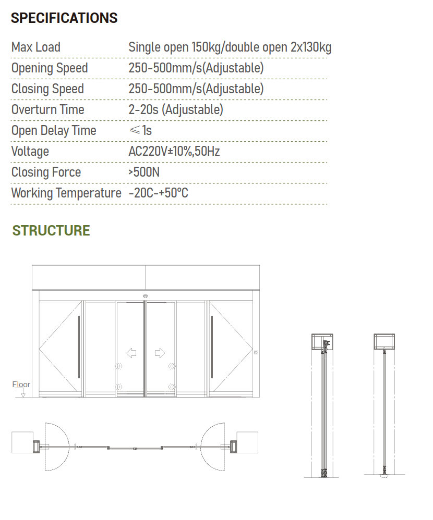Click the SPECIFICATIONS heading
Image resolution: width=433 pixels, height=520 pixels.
click(64, 18)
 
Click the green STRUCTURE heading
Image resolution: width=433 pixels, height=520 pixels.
click(51, 230)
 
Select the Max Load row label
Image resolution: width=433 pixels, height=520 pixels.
click(36, 47)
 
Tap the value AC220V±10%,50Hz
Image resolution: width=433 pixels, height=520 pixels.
click(174, 152)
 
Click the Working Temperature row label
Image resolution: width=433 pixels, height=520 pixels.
click(66, 193)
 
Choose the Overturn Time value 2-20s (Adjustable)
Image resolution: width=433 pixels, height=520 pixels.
click(175, 110)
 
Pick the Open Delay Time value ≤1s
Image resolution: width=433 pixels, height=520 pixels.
click(140, 131)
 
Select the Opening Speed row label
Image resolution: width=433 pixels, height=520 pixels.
click(50, 68)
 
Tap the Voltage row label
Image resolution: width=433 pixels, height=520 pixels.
click(30, 152)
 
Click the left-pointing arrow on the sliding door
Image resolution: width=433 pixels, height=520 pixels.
click(131, 353)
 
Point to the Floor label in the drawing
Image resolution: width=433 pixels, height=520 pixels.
click(21, 385)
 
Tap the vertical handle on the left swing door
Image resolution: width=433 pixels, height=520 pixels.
click(79, 346)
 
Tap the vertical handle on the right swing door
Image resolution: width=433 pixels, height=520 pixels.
click(212, 346)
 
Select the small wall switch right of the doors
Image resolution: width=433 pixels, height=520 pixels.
click(256, 353)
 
